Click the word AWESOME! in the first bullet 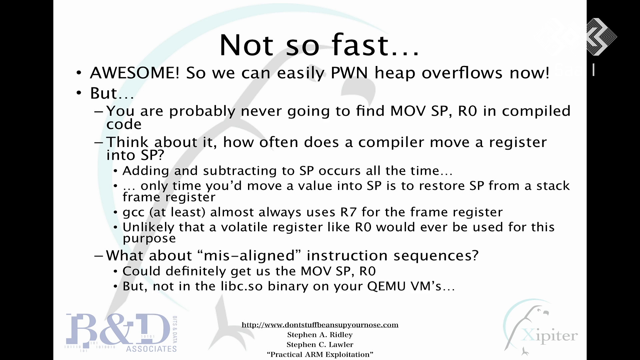135,73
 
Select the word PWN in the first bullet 349,73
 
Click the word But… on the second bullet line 112,93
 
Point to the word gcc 133,212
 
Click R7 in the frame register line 348,212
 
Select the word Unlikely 148,227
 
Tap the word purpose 149,239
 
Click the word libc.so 242,286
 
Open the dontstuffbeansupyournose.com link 320,325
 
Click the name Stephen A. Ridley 320,335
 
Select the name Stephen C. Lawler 320,345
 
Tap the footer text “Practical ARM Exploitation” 320,355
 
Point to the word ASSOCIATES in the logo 151,349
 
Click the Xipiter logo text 549,336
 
